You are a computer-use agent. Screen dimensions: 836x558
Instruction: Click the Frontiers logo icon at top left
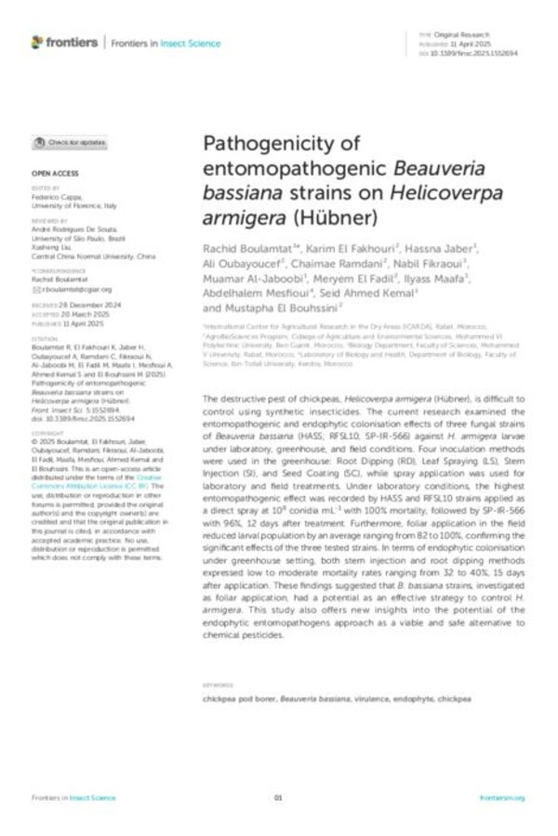click(x=38, y=42)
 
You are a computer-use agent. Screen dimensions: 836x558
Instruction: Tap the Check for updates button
click(x=70, y=143)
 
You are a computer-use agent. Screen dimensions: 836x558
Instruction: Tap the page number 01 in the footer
click(x=278, y=798)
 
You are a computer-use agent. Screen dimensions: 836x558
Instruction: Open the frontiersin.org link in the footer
click(x=502, y=798)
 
